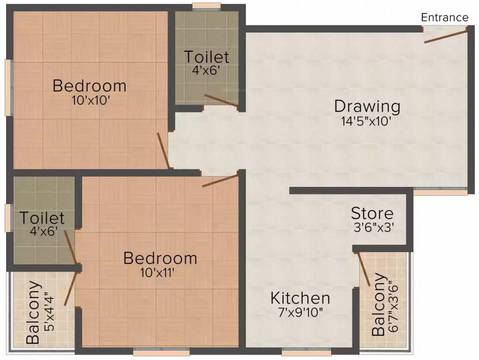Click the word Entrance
click(x=444, y=17)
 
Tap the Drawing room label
click(x=367, y=106)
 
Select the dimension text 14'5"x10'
click(x=367, y=121)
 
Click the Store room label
click(x=372, y=214)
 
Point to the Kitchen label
click(x=300, y=298)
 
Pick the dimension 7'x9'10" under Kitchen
click(x=300, y=312)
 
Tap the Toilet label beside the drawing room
click(x=206, y=57)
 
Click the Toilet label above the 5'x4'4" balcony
click(x=42, y=218)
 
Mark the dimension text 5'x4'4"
click(x=48, y=312)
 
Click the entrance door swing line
click(x=446, y=36)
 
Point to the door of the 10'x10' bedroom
click(x=164, y=150)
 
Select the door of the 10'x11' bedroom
click(x=220, y=180)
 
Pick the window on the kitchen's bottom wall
click(x=306, y=350)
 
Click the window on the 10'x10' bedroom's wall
click(x=8, y=87)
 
